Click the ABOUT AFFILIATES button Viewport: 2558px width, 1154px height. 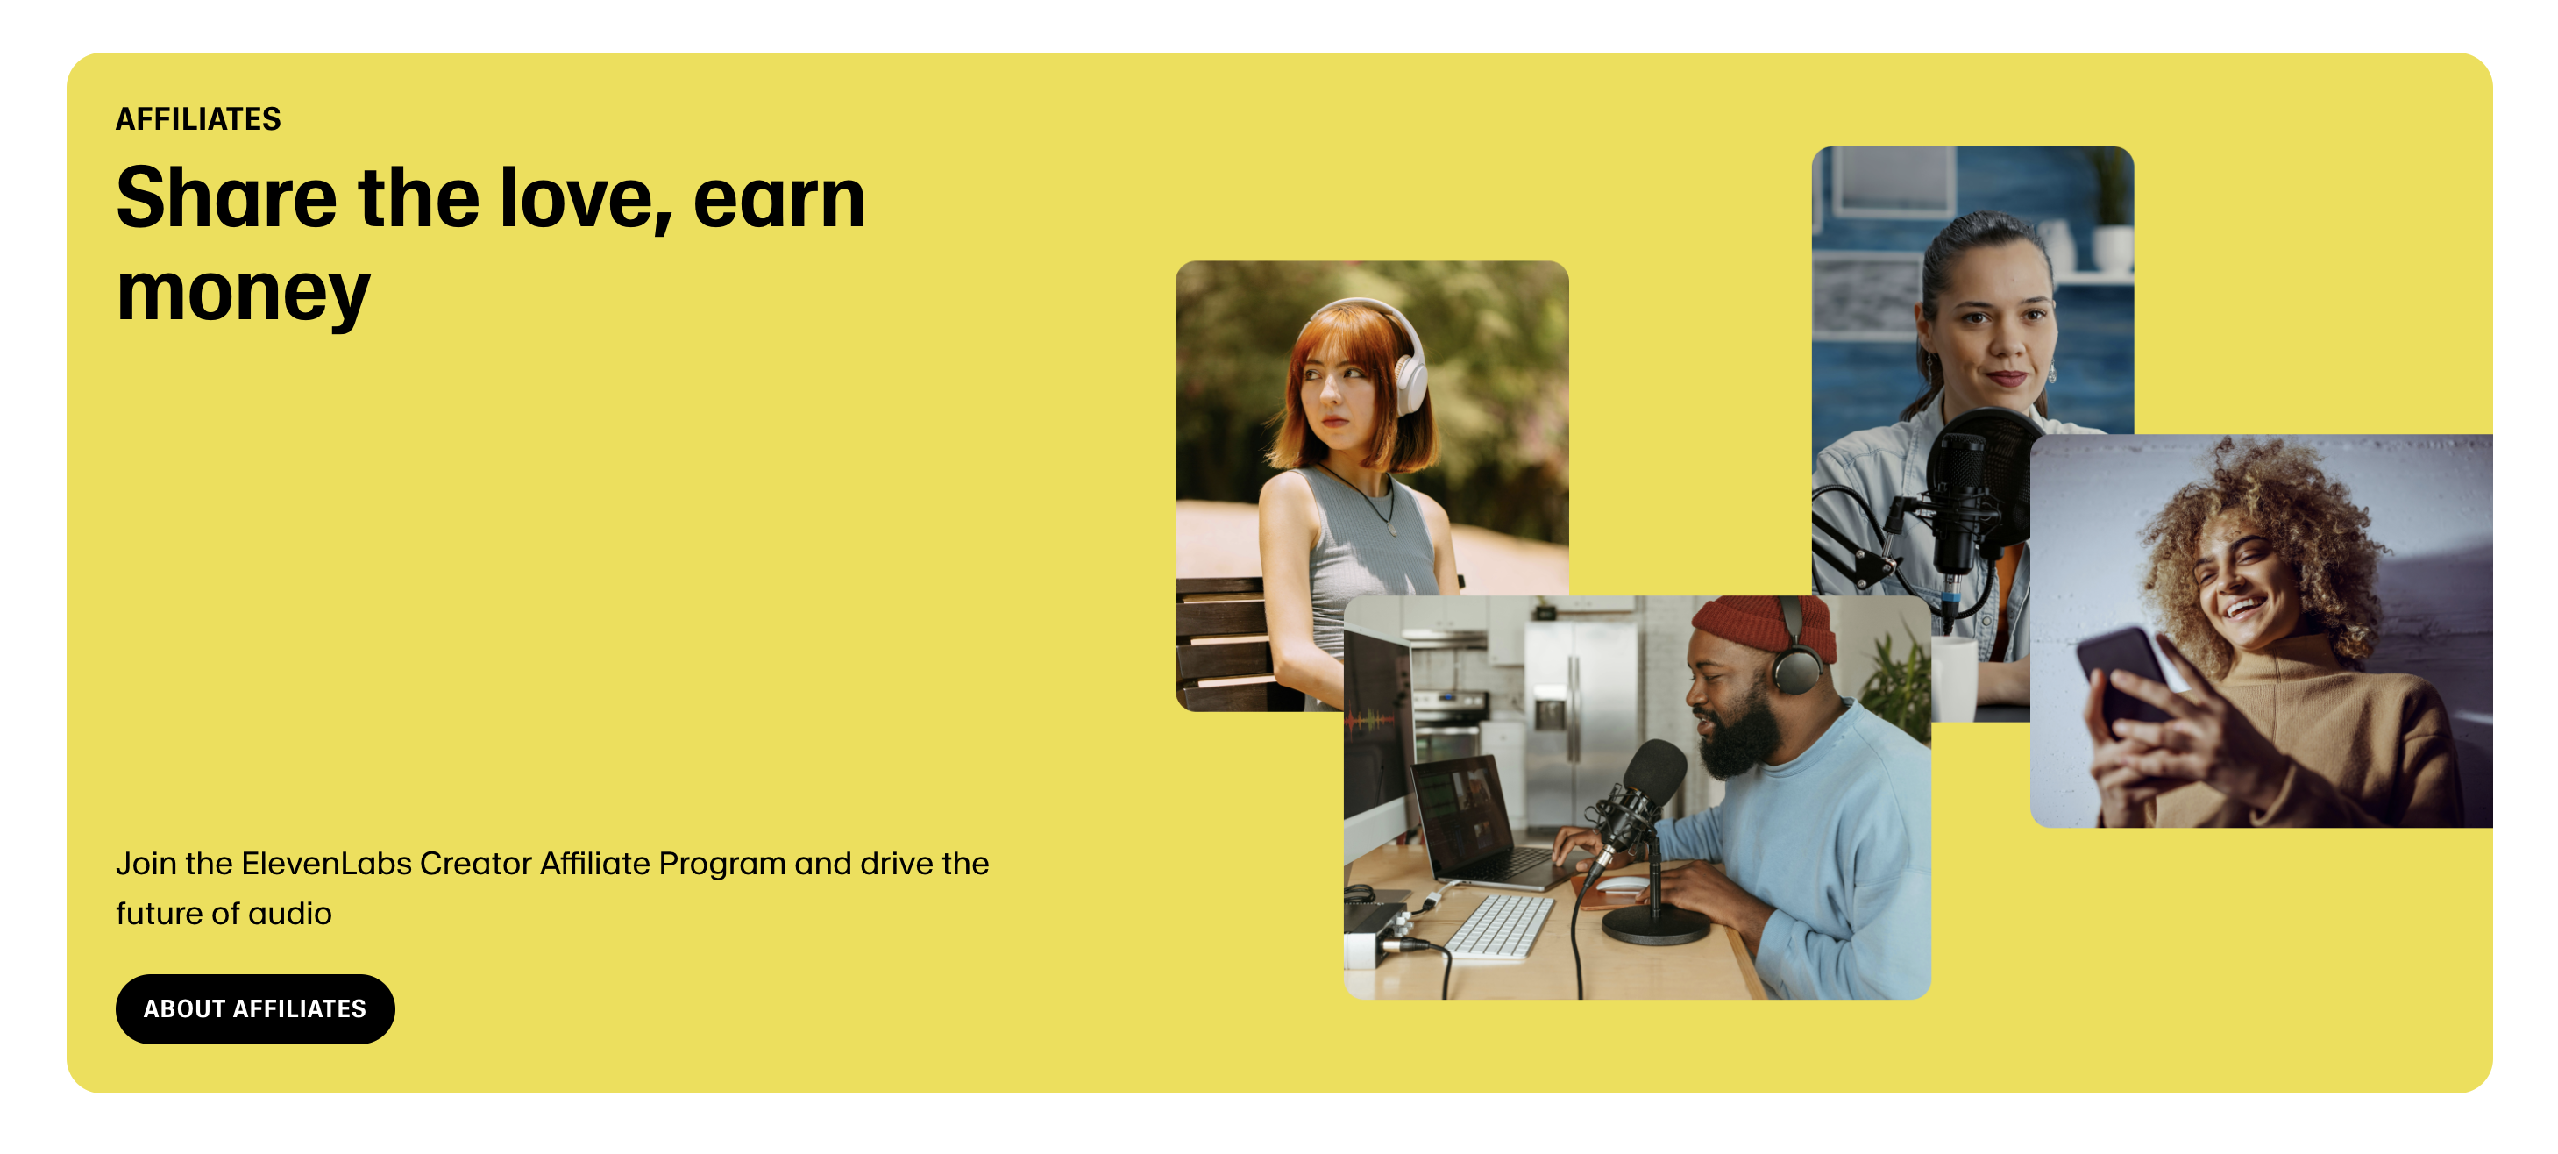tap(255, 1008)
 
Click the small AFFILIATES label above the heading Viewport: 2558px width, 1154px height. tap(199, 119)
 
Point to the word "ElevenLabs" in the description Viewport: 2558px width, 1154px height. tap(327, 863)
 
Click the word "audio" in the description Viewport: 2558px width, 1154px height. tap(290, 913)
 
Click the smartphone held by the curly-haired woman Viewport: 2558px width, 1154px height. tap(2125, 680)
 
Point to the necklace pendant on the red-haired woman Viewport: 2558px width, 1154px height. tap(1392, 531)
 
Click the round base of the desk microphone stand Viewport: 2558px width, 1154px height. tap(1655, 926)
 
